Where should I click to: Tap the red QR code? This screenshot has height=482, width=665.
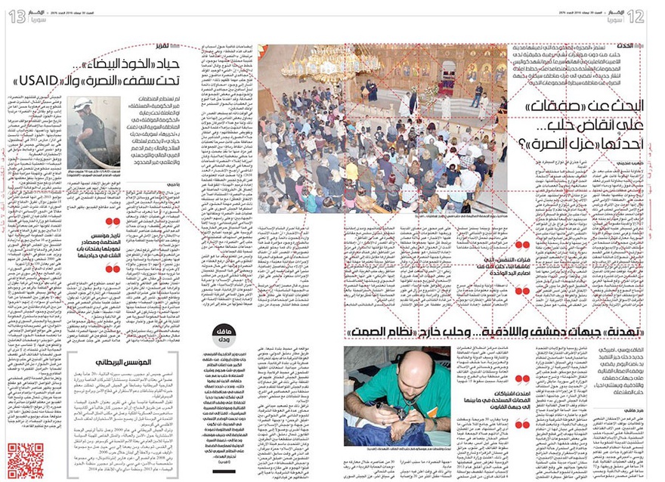(25, 459)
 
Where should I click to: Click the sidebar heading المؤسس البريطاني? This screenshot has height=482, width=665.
(122, 363)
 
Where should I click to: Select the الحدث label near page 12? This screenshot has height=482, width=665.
(639, 48)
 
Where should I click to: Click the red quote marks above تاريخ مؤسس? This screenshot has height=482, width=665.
(113, 222)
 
